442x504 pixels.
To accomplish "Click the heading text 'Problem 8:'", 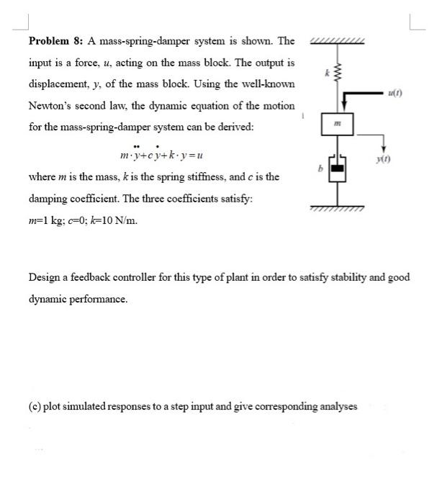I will [x=56, y=41].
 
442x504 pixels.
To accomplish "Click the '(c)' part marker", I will [x=35, y=406].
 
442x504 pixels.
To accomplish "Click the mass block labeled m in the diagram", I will [x=335, y=126].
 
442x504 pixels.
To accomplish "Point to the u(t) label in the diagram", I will [x=394, y=91].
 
